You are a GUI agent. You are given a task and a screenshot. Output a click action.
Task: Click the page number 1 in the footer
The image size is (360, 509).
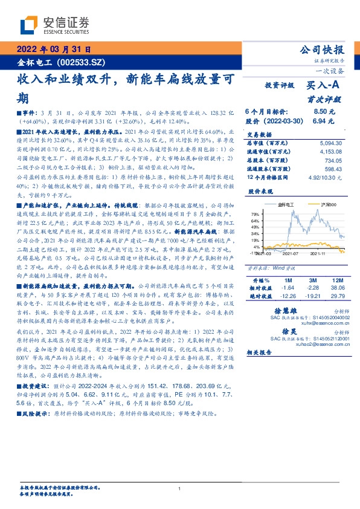(x=180, y=488)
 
